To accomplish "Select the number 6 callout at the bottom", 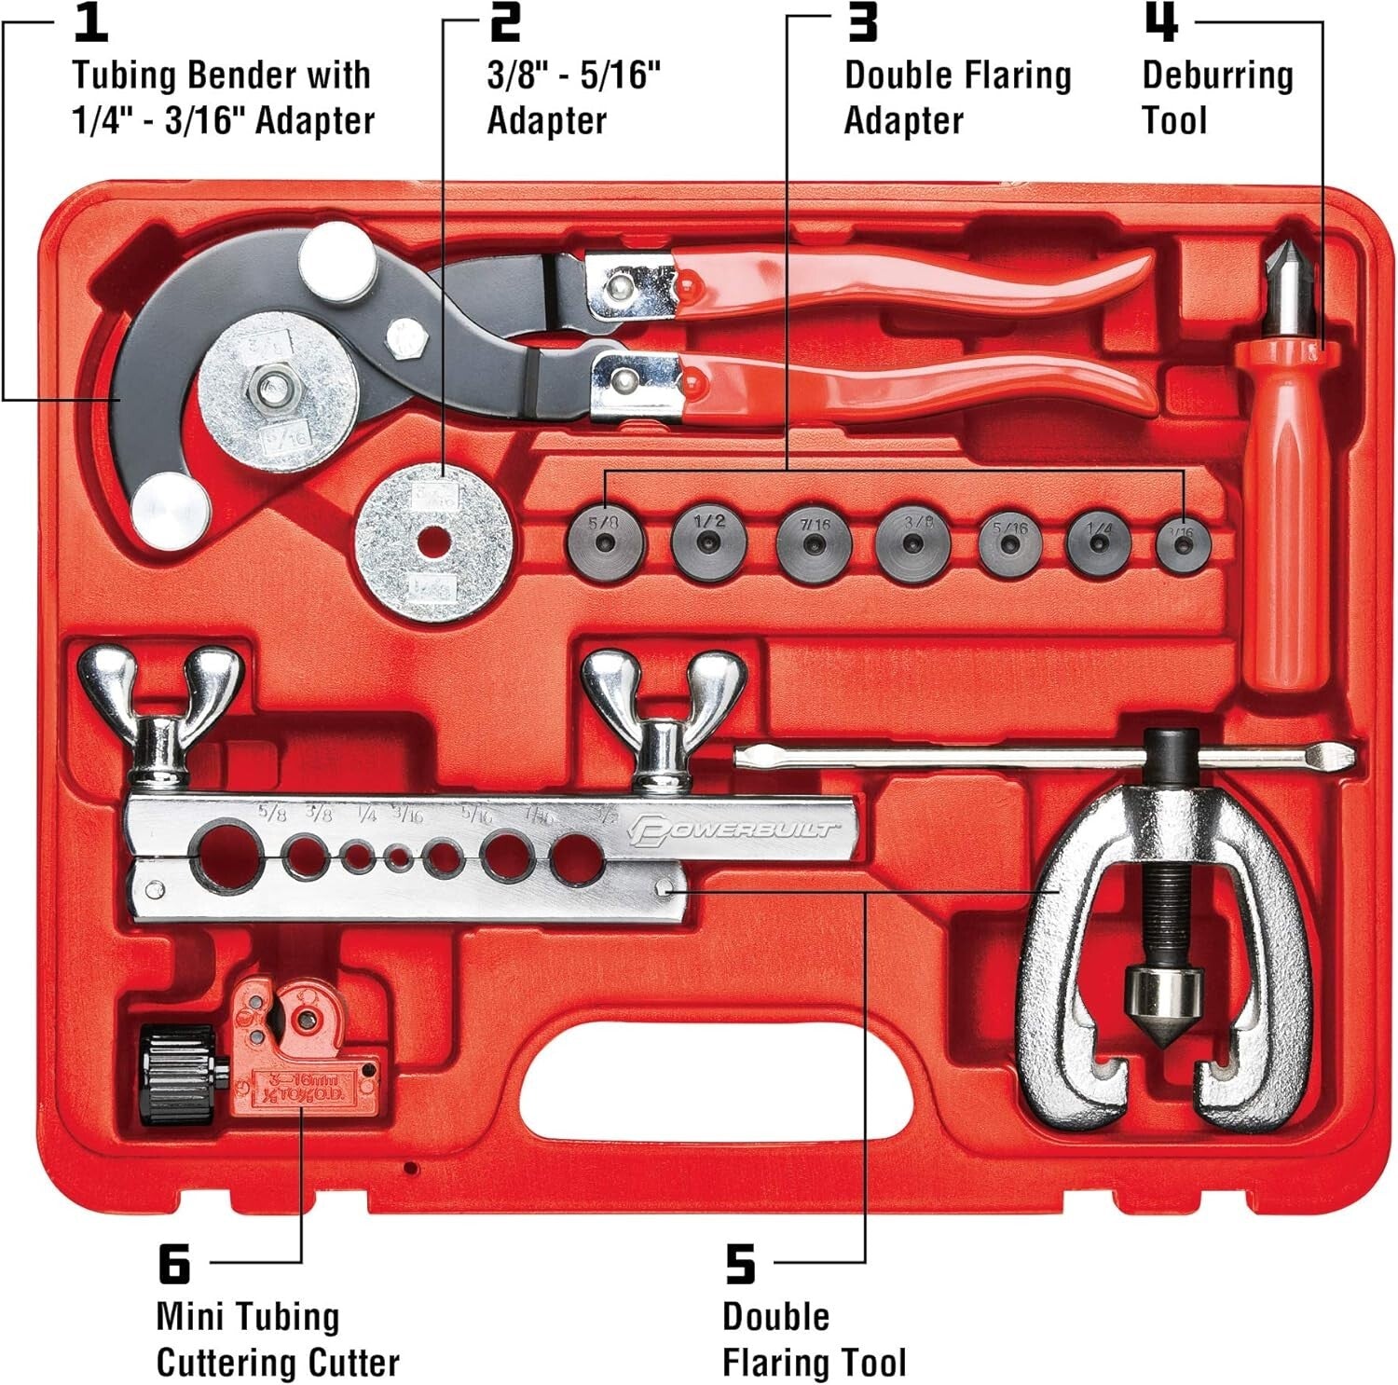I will pos(174,1266).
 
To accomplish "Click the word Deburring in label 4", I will pos(1217,75).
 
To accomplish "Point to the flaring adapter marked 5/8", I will pos(606,538).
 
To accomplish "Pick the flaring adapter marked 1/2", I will pos(708,538).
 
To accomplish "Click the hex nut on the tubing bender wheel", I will pos(274,387).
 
